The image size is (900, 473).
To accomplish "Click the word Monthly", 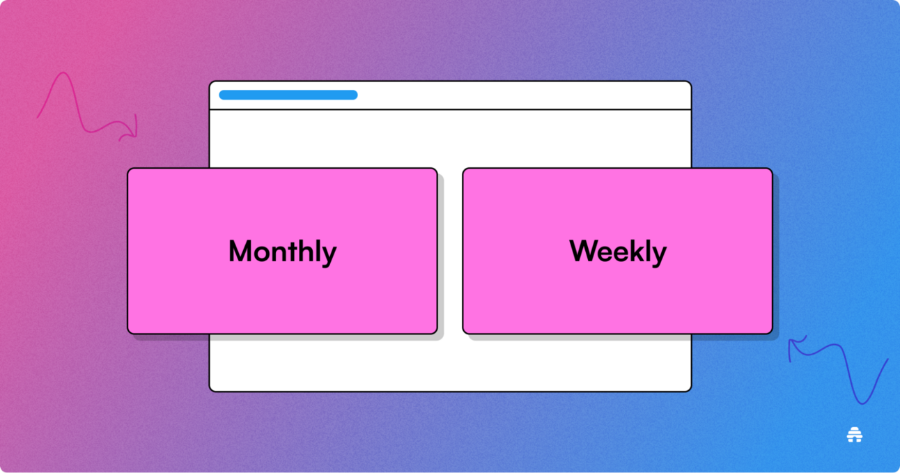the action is (282, 251).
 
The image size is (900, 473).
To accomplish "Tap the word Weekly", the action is (618, 251).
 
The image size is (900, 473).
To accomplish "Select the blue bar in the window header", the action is (288, 95).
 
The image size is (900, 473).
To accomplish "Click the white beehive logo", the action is (854, 435).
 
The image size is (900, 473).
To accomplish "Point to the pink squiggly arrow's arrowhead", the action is (130, 130).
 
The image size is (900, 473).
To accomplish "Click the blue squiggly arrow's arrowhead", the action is (795, 346).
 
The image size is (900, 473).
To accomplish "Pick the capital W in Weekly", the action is (585, 251).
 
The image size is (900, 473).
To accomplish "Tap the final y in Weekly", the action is (659, 256).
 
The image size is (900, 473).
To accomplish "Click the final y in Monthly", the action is (329, 256).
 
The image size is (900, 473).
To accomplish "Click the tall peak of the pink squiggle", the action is (63, 73).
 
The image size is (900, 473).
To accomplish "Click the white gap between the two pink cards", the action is (450, 251).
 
